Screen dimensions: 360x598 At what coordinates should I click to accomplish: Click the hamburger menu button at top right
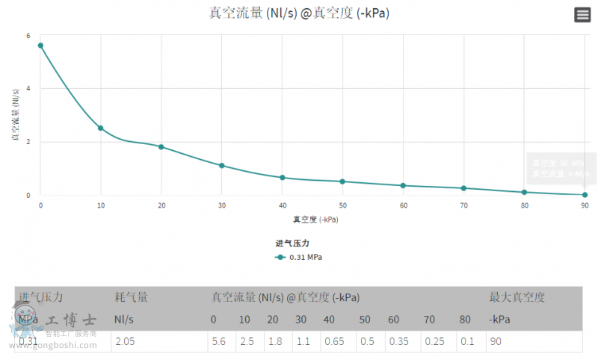pyautogui.click(x=582, y=14)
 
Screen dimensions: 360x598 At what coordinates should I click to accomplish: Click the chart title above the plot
pyautogui.click(x=299, y=13)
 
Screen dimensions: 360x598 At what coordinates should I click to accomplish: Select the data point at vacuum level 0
pyautogui.click(x=40, y=46)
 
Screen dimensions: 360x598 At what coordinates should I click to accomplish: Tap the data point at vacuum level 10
pyautogui.click(x=101, y=128)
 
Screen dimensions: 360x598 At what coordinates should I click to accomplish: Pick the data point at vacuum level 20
pyautogui.click(x=161, y=146)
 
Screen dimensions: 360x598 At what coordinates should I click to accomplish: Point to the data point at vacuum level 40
pyautogui.click(x=282, y=178)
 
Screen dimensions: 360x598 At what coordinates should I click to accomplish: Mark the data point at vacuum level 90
pyautogui.click(x=585, y=195)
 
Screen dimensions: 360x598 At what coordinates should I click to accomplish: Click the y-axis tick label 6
pyautogui.click(x=28, y=36)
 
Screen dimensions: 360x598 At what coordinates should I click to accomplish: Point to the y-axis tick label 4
pyautogui.click(x=28, y=89)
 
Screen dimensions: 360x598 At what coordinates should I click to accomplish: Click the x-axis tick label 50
pyautogui.click(x=342, y=205)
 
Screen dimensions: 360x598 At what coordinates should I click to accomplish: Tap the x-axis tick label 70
pyautogui.click(x=463, y=205)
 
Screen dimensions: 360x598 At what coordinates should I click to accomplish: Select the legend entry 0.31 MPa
pyautogui.click(x=299, y=257)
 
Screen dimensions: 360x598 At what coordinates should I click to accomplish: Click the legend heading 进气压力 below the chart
pyautogui.click(x=292, y=243)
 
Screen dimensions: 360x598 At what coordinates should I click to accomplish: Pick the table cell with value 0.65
pyautogui.click(x=333, y=341)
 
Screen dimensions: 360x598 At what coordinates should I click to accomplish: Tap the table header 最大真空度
pyautogui.click(x=517, y=297)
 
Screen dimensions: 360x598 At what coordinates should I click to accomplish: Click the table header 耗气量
pyautogui.click(x=131, y=297)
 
